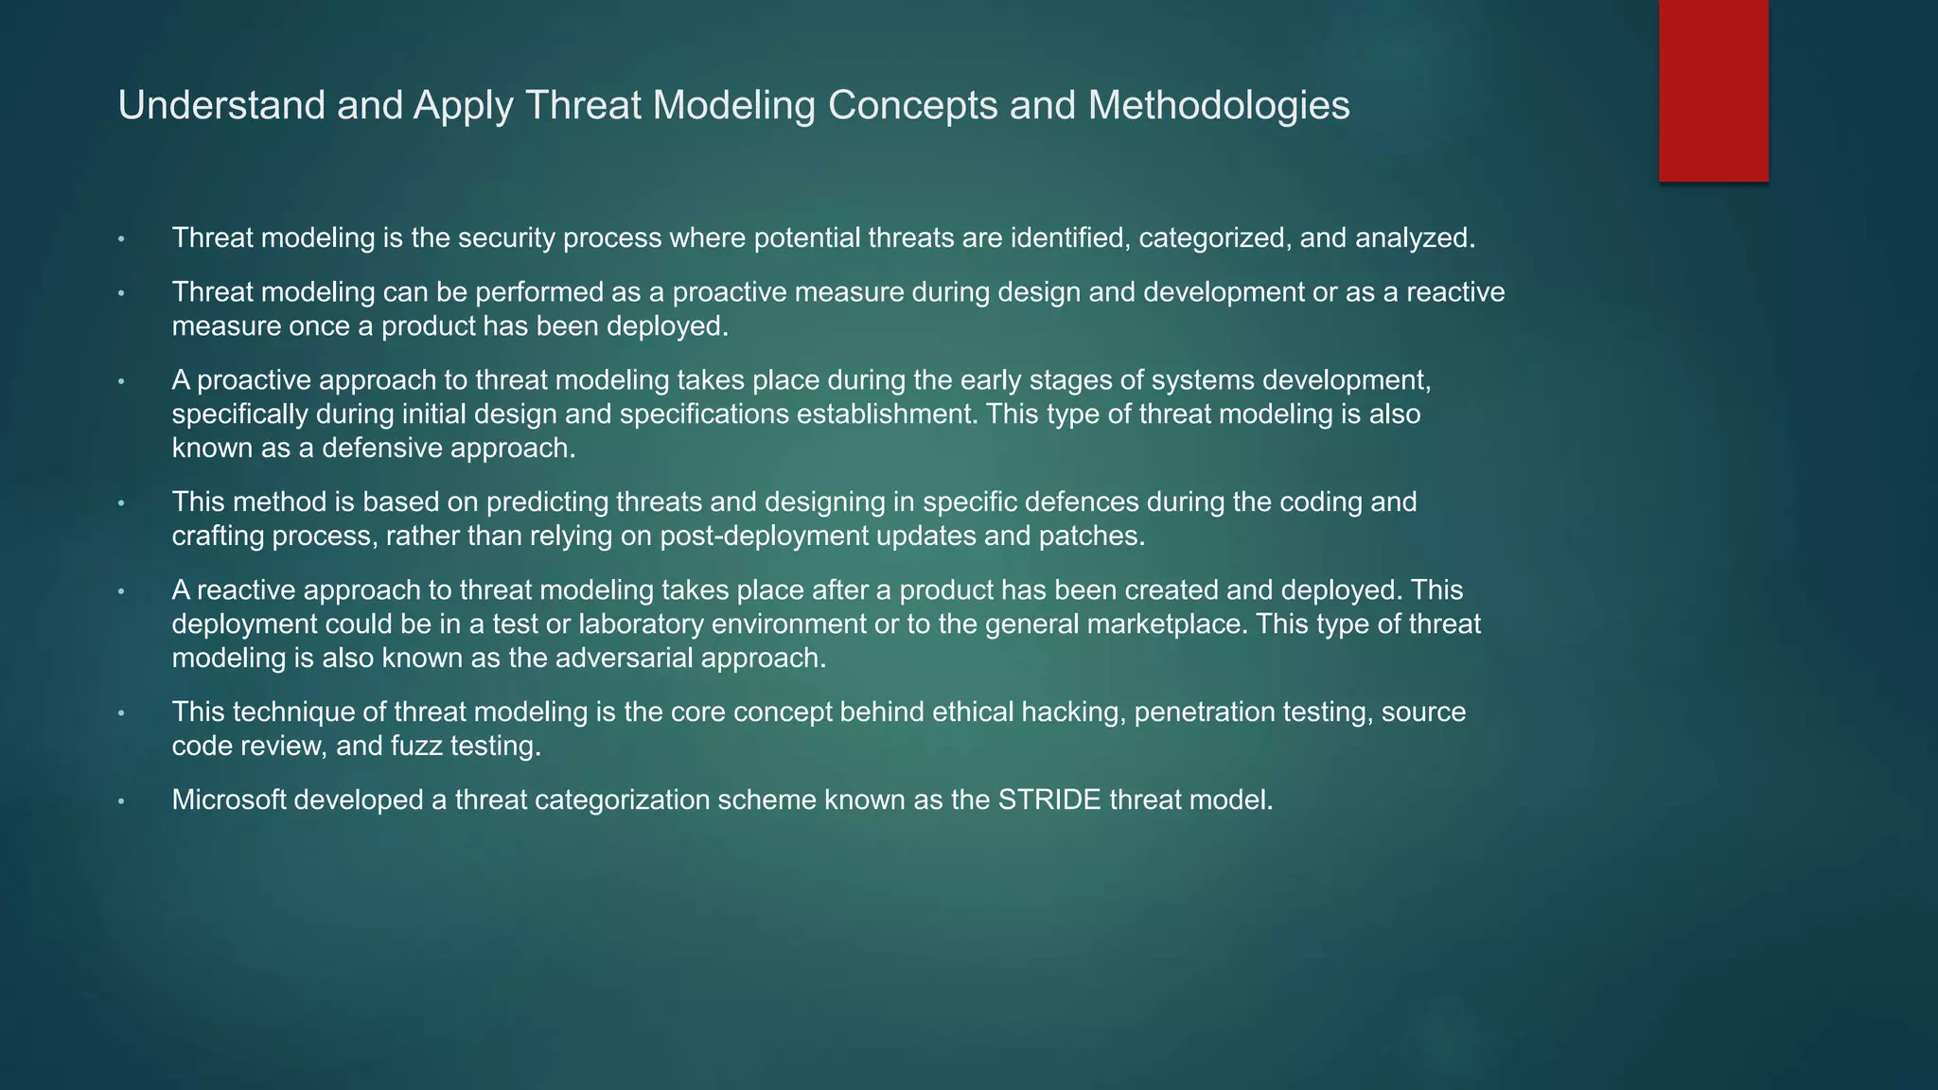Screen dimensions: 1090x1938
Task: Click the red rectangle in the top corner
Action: coord(1713,91)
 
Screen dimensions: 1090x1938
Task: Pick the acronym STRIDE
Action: coord(1049,800)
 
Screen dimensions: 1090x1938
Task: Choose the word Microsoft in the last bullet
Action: coord(229,800)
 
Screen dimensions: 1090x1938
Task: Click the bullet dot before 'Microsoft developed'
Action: coord(121,801)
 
